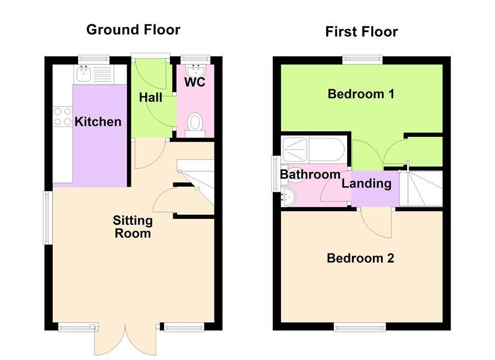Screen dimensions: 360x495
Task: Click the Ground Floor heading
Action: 133,30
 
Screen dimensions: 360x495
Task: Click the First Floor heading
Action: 361,32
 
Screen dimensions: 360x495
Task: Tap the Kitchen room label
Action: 98,121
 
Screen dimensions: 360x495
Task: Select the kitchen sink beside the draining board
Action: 84,74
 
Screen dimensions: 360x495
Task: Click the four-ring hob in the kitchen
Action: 62,117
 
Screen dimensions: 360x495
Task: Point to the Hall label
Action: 150,97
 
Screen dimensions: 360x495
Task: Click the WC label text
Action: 195,82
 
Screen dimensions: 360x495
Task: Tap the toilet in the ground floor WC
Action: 195,123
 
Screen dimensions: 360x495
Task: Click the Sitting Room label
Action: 133,226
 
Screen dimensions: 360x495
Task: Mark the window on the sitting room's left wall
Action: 48,217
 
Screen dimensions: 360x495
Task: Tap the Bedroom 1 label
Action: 361,94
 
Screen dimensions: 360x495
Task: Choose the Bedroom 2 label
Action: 360,258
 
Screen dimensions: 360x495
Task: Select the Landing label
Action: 366,184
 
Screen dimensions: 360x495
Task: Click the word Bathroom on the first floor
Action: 310,174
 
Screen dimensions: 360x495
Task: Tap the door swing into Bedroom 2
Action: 377,223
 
